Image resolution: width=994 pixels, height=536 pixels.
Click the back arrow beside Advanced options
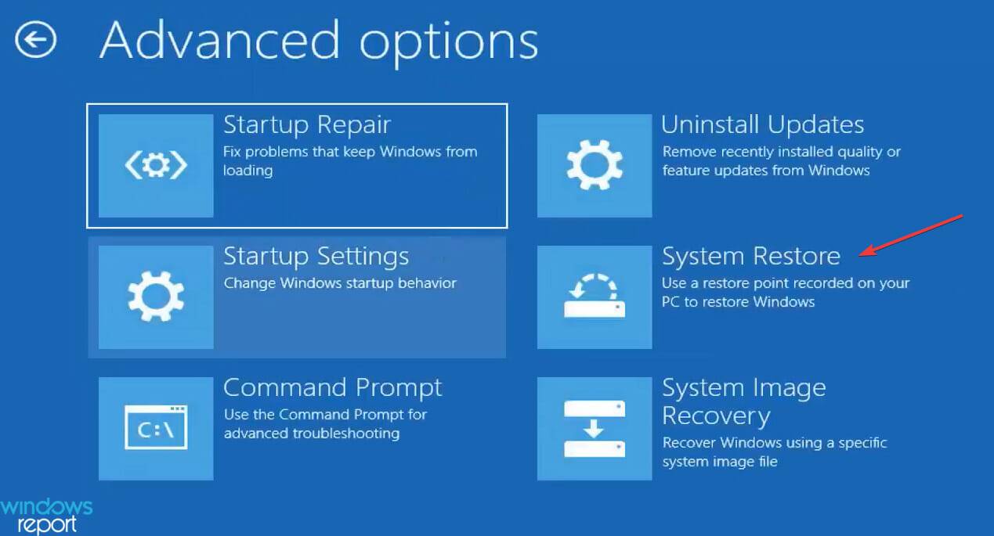click(x=36, y=38)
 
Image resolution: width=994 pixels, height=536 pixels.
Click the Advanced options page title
click(x=318, y=41)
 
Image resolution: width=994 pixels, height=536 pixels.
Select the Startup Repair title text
click(x=307, y=125)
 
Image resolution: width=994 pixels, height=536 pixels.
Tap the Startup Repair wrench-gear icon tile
click(x=156, y=165)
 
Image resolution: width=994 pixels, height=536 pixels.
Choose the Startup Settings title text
click(x=316, y=257)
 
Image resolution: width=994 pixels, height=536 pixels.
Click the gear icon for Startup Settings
click(x=156, y=297)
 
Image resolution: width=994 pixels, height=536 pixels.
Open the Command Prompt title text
click(x=333, y=388)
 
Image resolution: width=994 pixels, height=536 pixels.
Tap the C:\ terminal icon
click(x=156, y=428)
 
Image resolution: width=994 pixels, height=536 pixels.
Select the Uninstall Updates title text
click(x=762, y=125)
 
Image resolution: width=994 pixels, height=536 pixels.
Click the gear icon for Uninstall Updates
click(x=595, y=165)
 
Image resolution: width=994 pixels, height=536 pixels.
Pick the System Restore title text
click(x=750, y=257)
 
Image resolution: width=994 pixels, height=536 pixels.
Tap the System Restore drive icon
click(x=595, y=297)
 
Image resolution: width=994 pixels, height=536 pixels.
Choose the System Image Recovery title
click(x=743, y=401)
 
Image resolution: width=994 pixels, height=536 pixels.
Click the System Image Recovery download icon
click(x=595, y=428)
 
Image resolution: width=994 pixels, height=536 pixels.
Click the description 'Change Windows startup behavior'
click(x=340, y=283)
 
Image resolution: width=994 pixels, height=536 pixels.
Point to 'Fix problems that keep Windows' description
click(x=350, y=152)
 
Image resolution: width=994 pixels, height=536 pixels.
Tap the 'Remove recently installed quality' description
click(x=781, y=152)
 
